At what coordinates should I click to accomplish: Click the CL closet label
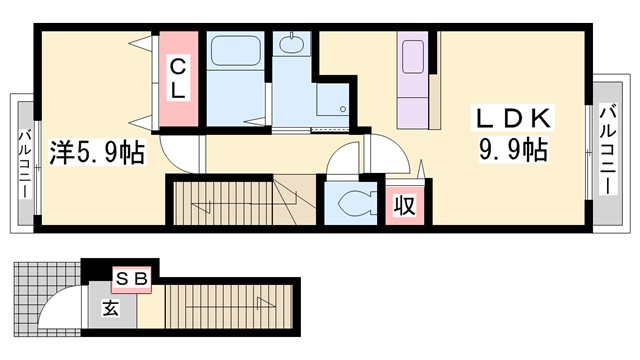tap(177, 78)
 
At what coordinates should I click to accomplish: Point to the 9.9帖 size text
tap(512, 152)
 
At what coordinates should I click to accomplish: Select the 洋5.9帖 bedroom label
tap(96, 153)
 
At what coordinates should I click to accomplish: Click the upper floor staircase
tap(240, 204)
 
